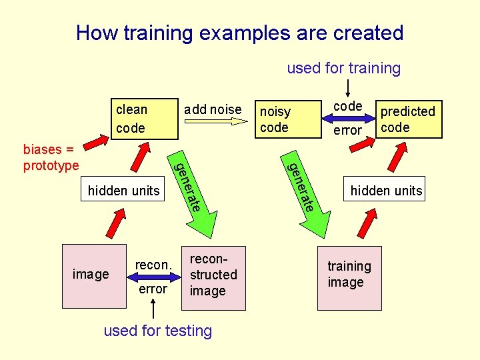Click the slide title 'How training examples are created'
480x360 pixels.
(x=239, y=33)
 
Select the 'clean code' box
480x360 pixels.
(x=138, y=118)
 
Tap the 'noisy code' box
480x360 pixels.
(x=284, y=119)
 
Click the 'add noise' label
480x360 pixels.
(x=213, y=109)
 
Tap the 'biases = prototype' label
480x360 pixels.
(x=51, y=157)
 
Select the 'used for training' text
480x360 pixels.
(x=343, y=68)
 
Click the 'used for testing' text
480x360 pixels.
(x=158, y=331)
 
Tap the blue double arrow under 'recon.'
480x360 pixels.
(x=153, y=277)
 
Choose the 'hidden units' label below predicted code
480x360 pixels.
(x=386, y=191)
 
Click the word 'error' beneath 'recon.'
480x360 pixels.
(x=153, y=289)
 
